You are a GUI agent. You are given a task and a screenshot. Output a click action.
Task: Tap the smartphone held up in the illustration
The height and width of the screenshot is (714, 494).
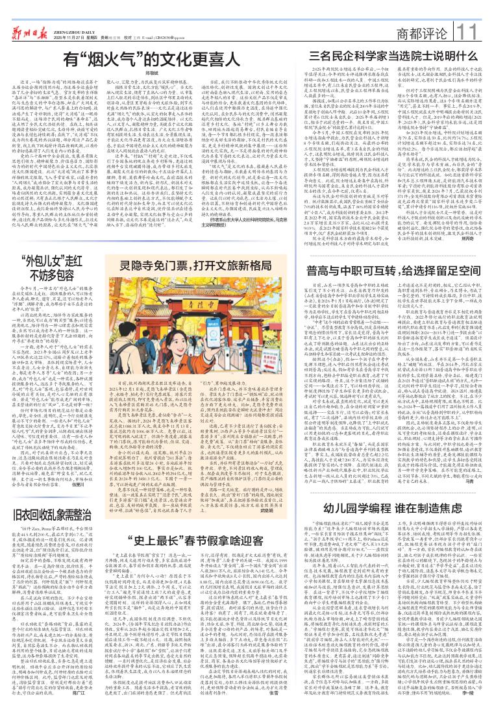click(x=214, y=332)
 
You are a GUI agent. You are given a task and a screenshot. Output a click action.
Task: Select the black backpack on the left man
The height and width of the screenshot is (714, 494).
click(x=116, y=360)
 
